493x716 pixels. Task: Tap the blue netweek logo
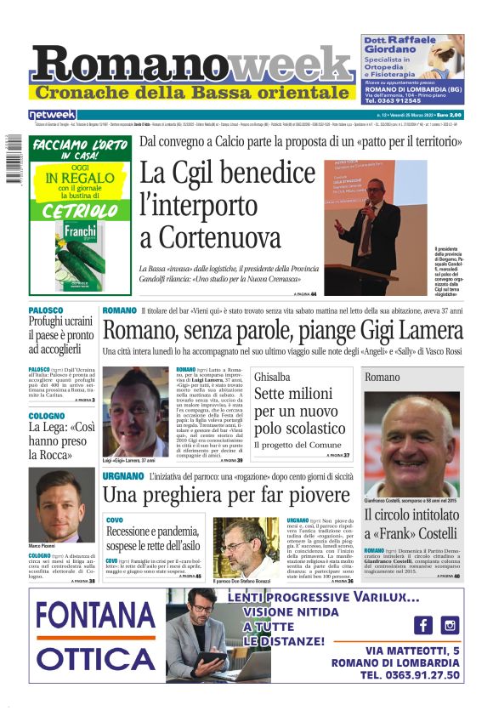53,114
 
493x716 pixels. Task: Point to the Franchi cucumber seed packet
80,255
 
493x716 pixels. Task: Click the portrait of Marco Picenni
61,505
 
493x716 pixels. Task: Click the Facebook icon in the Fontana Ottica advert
423,624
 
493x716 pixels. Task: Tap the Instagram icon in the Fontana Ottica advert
450,624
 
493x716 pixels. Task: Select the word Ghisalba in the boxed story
273,376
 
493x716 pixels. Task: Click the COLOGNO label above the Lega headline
46,417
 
